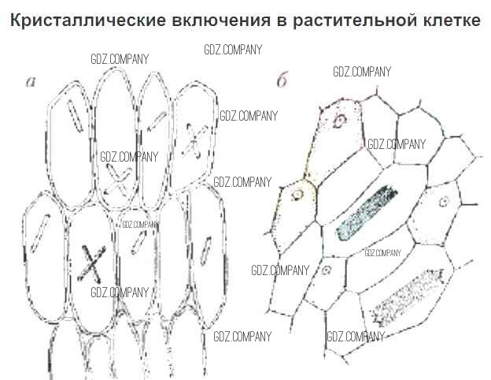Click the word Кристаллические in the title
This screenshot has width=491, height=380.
pyautogui.click(x=88, y=20)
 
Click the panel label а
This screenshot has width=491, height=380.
pyautogui.click(x=31, y=82)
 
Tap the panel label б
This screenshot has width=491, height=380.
pyautogui.click(x=282, y=81)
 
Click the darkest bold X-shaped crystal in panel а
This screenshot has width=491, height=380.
pyautogui.click(x=91, y=264)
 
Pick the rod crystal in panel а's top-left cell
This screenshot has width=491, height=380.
pyautogui.click(x=76, y=116)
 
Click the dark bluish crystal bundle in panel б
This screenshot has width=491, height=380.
pyautogui.click(x=367, y=213)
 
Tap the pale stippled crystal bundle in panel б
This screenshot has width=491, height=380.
pyautogui.click(x=407, y=296)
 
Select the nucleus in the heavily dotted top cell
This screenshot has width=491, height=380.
pyautogui.click(x=339, y=121)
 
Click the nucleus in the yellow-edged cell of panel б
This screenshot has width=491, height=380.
pyautogui.click(x=297, y=195)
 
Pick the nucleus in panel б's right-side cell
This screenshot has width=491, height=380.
pyautogui.click(x=444, y=202)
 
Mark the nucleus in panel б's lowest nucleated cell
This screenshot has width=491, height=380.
pyautogui.click(x=327, y=270)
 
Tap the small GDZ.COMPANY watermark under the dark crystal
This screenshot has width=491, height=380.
pyautogui.click(x=382, y=253)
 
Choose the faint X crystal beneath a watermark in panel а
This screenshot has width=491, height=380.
pyautogui.click(x=118, y=181)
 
